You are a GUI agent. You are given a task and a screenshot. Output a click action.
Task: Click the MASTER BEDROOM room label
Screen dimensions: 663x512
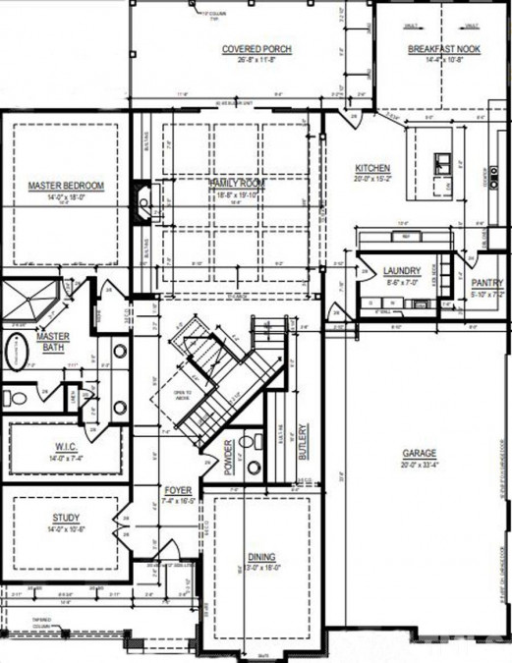pos(66,185)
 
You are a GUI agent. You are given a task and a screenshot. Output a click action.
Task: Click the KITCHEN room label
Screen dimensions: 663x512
pos(372,168)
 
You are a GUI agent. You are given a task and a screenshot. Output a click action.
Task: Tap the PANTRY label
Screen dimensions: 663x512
pos(487,282)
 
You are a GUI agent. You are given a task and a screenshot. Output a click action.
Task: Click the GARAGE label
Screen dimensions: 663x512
pos(420,454)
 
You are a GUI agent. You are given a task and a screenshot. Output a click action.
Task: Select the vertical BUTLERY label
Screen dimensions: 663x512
pos(305,443)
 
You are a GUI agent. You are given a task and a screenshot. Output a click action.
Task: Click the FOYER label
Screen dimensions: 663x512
pos(177,488)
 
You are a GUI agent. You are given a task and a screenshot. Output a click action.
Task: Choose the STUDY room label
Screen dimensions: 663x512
pos(66,518)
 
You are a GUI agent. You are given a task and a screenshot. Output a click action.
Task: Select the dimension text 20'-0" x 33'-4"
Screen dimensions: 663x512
pos(420,466)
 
